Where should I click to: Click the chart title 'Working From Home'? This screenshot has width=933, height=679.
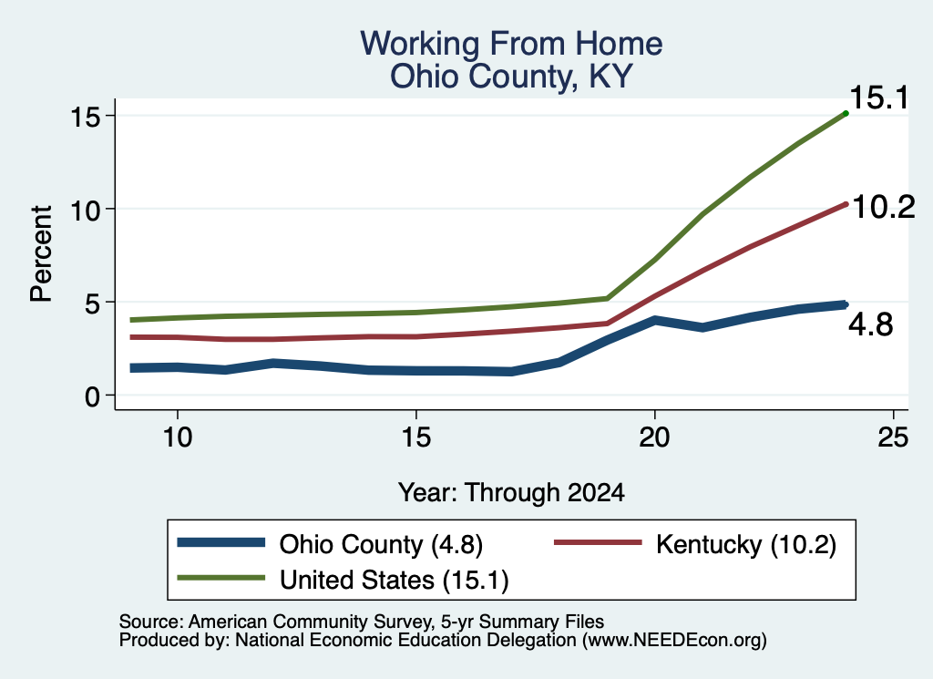511,44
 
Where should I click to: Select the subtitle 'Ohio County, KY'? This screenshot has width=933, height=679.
511,77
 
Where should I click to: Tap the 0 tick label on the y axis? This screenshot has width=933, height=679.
92,396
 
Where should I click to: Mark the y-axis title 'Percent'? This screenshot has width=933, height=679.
41,254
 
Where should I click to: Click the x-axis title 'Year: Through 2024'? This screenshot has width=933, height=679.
511,493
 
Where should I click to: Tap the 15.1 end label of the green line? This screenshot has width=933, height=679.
879,98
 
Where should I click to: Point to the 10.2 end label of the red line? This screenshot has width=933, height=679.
884,207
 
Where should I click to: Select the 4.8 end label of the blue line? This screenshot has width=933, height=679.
871,325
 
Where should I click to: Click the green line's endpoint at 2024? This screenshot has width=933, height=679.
846,113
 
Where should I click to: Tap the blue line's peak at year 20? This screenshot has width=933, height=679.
654,320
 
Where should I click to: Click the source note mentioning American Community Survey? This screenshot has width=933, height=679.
361,622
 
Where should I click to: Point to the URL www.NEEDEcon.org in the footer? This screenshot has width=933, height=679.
674,641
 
